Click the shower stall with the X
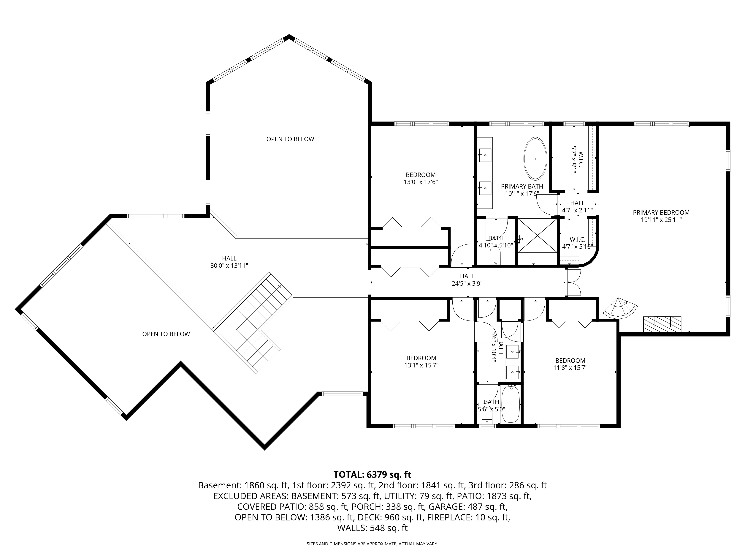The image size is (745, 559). pos(538,235)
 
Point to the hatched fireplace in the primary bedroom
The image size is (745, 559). pos(662,324)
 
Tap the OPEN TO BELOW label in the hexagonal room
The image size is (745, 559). pos(290,139)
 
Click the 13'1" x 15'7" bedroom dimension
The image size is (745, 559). pos(421,365)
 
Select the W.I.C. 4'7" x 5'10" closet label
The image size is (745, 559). pos(577,243)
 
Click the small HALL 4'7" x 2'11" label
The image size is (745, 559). pos(577,206)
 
